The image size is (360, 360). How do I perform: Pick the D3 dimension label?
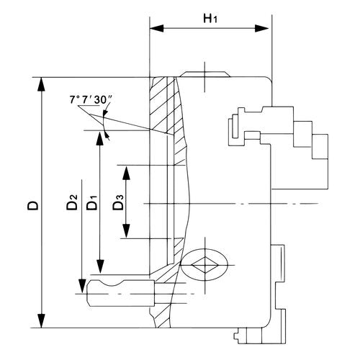click(x=120, y=203)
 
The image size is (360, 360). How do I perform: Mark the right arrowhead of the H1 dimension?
click(x=267, y=29)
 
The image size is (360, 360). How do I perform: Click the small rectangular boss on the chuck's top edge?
click(x=205, y=74)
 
